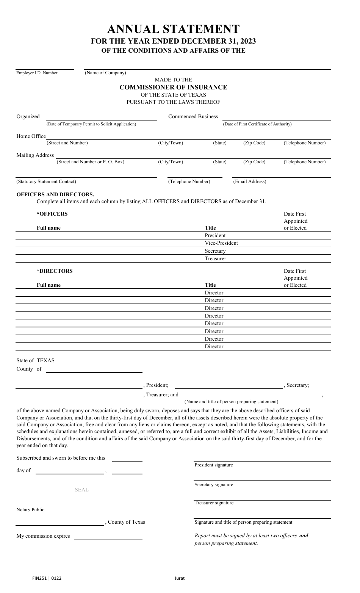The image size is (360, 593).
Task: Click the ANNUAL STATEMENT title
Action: click(x=173, y=29)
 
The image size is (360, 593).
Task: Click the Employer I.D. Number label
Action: click(x=37, y=73)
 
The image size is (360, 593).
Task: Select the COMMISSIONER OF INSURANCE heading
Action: click(x=173, y=87)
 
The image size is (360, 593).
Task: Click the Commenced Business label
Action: click(x=193, y=116)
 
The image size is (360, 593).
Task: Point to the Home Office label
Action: click(x=31, y=136)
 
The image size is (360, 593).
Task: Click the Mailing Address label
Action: click(x=35, y=155)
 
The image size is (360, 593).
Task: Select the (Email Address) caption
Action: click(x=249, y=181)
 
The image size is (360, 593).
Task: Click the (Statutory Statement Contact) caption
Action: click(x=46, y=181)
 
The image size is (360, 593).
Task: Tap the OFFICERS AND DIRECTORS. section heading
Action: click(x=55, y=194)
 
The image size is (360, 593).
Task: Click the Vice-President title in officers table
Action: click(x=221, y=243)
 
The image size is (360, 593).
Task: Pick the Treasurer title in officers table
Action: click(x=215, y=258)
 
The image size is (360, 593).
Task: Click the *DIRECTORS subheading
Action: click(x=55, y=271)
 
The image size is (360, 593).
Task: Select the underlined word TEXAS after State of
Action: click(x=45, y=360)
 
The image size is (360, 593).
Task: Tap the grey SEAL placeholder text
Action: click(x=81, y=490)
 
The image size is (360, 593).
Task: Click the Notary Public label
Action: click(x=30, y=510)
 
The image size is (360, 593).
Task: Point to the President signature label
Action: click(x=213, y=465)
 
